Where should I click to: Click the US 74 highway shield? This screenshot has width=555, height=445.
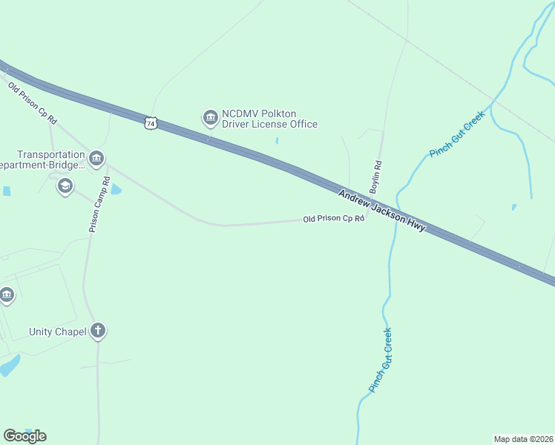[151, 123]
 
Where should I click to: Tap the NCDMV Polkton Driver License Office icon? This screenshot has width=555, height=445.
[210, 117]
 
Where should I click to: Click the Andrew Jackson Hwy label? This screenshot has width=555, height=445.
[381, 211]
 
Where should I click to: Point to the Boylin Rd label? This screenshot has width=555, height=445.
[375, 177]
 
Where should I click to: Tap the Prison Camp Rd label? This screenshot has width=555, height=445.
[99, 205]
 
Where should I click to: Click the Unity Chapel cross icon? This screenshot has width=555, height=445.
[98, 332]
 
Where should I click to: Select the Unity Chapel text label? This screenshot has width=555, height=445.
[57, 332]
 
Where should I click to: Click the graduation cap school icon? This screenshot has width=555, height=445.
[65, 186]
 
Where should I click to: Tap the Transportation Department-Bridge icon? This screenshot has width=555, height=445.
[96, 159]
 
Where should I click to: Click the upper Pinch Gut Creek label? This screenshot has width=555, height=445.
[456, 134]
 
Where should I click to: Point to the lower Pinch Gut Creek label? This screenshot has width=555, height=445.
[381, 360]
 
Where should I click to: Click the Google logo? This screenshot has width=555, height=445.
[24, 435]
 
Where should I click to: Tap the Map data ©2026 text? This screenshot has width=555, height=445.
[523, 438]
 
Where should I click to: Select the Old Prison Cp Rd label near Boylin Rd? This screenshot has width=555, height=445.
[334, 219]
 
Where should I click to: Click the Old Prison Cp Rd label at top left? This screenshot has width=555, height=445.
[33, 103]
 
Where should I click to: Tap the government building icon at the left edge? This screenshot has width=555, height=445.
[7, 295]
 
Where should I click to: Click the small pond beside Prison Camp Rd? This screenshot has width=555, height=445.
[115, 190]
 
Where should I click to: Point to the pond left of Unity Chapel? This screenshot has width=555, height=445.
[9, 366]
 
